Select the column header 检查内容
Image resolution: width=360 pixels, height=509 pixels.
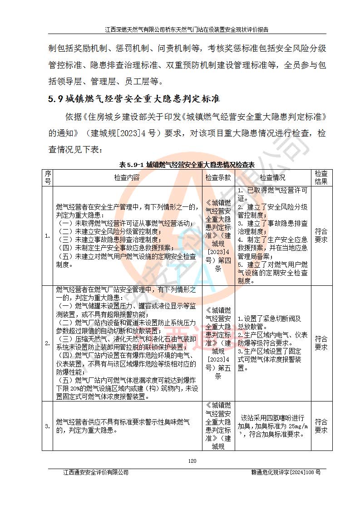coord(127,177)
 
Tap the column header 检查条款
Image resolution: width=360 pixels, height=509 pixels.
coord(218,177)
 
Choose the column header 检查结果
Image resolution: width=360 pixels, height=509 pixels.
coord(321,177)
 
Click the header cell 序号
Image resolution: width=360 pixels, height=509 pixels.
coord(48,177)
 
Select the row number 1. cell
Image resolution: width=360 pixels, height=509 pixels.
coord(48,236)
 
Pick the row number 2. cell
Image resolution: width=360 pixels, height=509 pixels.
coord(48,343)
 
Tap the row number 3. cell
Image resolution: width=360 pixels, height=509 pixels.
coord(48,426)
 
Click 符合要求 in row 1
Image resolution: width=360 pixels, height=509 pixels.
coord(321,236)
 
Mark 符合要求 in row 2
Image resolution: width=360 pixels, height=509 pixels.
coord(321,343)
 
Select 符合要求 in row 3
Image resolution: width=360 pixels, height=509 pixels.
coord(321,426)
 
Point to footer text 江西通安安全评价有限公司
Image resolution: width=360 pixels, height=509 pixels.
coord(96,472)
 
